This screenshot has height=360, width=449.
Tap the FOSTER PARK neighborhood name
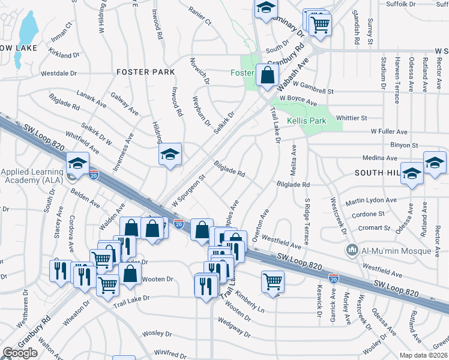coord(145,72)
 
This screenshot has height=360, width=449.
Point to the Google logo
coord(20,353)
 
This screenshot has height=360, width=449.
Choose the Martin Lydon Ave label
coord(371,200)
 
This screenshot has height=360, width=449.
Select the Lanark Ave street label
coord(91,99)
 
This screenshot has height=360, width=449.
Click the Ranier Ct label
coord(200,16)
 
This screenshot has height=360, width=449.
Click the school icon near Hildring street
coord(170,155)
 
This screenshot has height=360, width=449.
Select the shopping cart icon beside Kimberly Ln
coord(273,281)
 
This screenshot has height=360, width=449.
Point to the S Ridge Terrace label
coord(307,222)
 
